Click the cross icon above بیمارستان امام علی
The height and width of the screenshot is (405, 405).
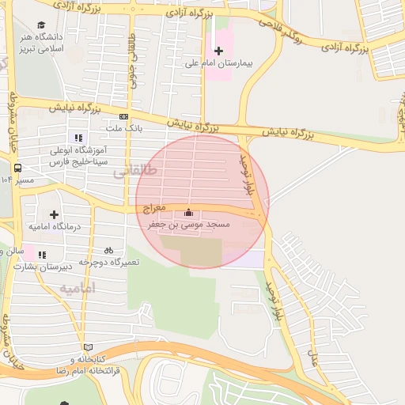click(x=219, y=51)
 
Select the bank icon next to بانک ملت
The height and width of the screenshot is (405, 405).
click(x=123, y=116)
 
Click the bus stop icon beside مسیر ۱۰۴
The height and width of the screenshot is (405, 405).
click(x=17, y=168)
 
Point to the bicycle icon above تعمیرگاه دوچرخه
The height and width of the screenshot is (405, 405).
click(x=108, y=250)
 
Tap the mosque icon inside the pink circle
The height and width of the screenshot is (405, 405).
click(x=188, y=213)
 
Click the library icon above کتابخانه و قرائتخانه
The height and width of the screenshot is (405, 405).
click(x=87, y=347)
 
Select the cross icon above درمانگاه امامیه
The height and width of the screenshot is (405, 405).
click(x=54, y=214)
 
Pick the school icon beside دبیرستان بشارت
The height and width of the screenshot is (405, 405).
click(x=42, y=255)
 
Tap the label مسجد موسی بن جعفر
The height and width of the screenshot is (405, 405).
click(x=189, y=225)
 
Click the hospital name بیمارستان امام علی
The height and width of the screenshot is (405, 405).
click(x=219, y=62)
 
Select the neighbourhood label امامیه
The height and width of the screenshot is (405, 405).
click(x=78, y=289)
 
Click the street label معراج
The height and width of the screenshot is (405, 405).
click(x=155, y=207)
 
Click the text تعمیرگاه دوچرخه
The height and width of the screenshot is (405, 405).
click(x=109, y=262)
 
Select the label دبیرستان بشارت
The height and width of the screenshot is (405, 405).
click(x=65, y=266)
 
